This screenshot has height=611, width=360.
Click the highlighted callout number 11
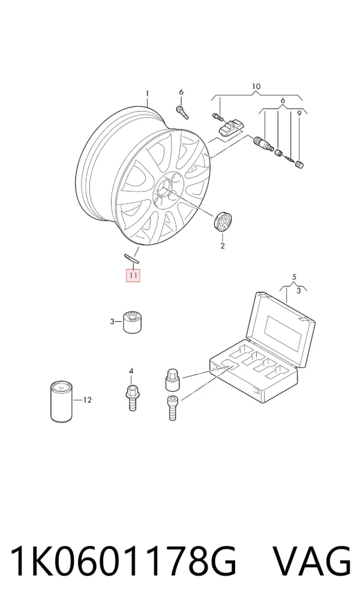click(133, 275)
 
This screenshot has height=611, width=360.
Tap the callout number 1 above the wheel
click(147, 94)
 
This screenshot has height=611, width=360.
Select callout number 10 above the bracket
click(256, 86)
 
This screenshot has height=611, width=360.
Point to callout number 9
click(299, 113)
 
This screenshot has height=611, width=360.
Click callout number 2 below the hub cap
click(223, 246)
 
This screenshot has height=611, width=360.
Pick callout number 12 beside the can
click(87, 400)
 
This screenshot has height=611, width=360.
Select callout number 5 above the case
click(294, 277)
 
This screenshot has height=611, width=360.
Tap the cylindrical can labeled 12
click(62, 402)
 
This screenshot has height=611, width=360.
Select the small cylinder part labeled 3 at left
click(132, 322)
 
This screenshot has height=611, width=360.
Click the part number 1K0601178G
click(123, 562)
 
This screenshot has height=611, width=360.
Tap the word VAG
click(311, 562)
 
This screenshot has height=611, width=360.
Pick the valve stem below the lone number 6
click(182, 112)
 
